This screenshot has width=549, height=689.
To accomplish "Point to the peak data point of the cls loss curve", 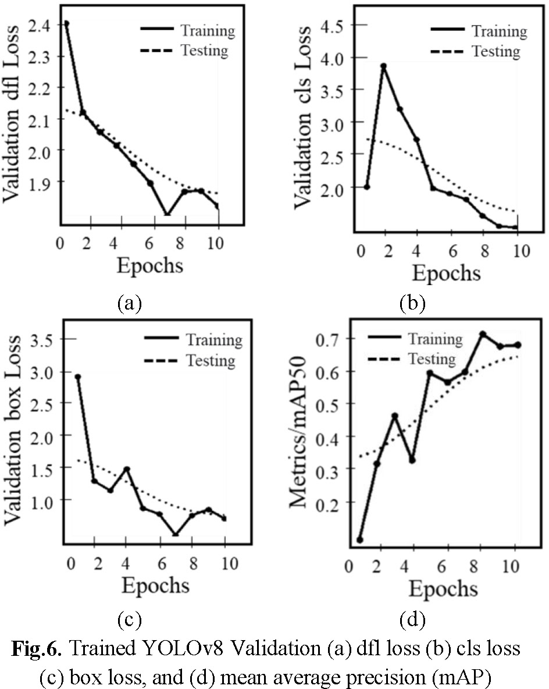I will (383, 66).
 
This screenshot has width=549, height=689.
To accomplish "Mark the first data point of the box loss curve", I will (78, 377).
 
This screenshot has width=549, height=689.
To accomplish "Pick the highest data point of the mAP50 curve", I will (482, 335).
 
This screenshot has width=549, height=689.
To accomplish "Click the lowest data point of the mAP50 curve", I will (360, 540).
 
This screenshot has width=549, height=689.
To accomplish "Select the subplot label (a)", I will (129, 303).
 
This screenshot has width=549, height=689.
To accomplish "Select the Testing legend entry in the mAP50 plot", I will (431, 359).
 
